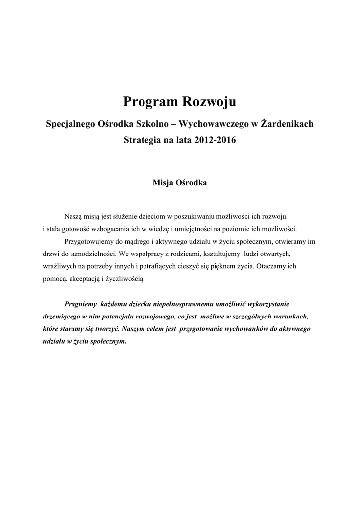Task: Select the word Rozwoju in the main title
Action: point(210,102)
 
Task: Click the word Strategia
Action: point(141,140)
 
